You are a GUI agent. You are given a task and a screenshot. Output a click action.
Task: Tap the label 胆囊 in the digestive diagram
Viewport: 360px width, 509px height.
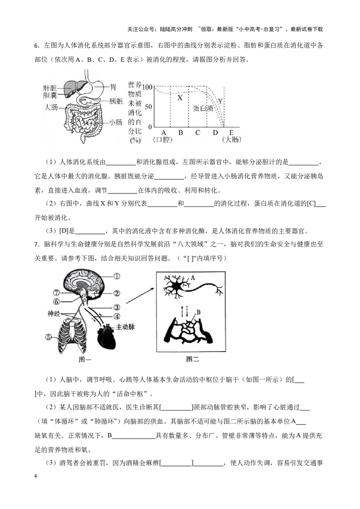[x=50, y=95]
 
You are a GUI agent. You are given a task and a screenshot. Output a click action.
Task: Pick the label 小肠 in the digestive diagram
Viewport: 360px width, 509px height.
[x=116, y=122]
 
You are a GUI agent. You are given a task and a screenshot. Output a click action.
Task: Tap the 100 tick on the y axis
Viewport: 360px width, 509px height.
[x=147, y=86]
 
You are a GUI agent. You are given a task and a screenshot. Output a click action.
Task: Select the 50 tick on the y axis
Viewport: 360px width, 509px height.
[x=148, y=107]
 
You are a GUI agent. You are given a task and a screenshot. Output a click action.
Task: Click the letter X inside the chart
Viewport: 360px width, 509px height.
[x=180, y=97]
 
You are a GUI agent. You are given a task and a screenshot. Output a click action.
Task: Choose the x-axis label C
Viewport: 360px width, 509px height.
[x=197, y=133]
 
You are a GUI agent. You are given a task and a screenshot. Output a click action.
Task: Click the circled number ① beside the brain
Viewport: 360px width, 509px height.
[x=116, y=277]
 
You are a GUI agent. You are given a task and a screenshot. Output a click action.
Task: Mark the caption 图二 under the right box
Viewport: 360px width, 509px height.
[x=193, y=359]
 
